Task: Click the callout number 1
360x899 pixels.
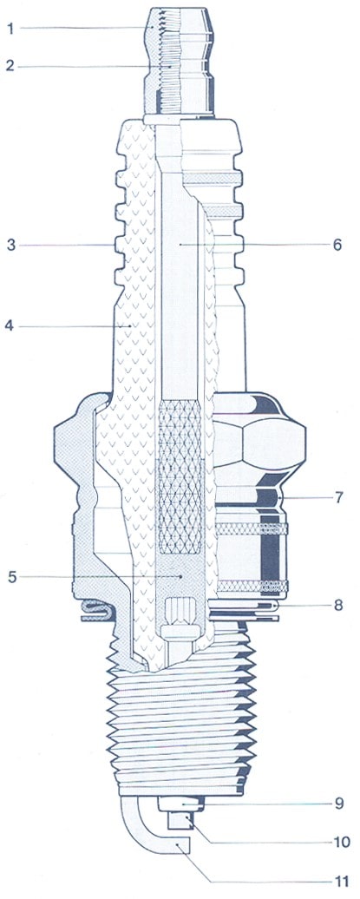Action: [x=10, y=29]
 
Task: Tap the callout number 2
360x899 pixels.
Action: [x=10, y=65]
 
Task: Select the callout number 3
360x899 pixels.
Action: [x=10, y=246]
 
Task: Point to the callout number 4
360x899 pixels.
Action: [x=10, y=326]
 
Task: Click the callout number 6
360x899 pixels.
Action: [x=337, y=245]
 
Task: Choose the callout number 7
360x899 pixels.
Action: [x=338, y=497]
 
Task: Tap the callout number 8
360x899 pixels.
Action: [x=338, y=605]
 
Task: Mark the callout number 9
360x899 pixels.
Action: [x=339, y=804]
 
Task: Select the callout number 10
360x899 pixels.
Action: [x=341, y=843]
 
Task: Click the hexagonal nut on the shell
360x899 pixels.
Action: [x=259, y=443]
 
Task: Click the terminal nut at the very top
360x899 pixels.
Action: [x=180, y=60]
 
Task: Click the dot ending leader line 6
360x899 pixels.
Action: [x=180, y=245]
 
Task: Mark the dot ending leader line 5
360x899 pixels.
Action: [x=181, y=575]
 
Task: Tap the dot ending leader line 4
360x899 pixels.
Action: [x=131, y=326]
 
